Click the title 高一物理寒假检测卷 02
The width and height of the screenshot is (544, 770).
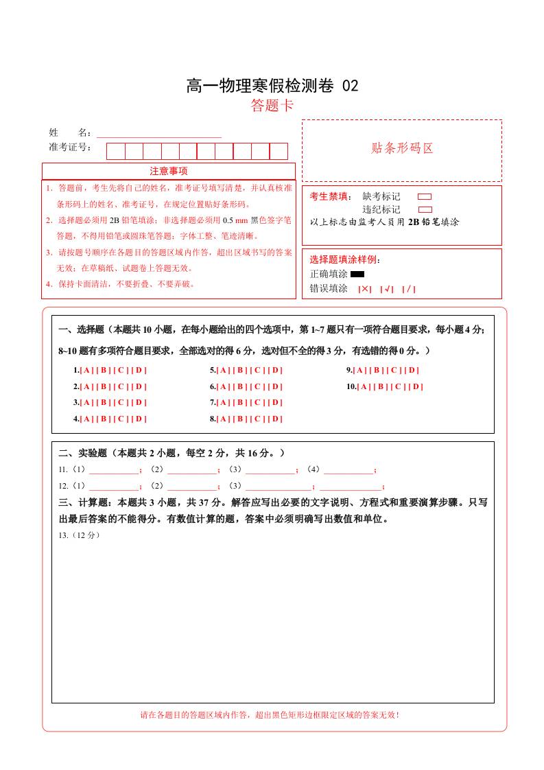click(x=272, y=86)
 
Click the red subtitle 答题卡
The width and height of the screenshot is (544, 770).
click(x=272, y=106)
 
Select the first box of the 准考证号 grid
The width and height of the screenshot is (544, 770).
click(x=115, y=151)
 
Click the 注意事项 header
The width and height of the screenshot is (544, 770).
click(x=169, y=171)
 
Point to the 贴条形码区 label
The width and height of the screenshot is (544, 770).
click(x=402, y=148)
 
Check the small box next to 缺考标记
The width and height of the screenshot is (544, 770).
click(x=425, y=196)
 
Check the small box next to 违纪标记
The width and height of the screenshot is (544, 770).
click(x=425, y=209)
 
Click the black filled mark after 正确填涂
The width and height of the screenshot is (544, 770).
click(x=357, y=275)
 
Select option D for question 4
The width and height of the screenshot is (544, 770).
click(x=139, y=419)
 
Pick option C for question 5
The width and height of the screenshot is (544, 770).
click(x=257, y=370)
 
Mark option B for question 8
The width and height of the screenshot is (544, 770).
click(x=240, y=419)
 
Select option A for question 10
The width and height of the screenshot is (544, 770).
click(x=364, y=386)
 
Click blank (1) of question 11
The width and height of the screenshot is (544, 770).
click(x=113, y=471)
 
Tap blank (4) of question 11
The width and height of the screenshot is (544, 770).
click(x=348, y=471)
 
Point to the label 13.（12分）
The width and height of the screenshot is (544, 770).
click(x=80, y=535)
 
